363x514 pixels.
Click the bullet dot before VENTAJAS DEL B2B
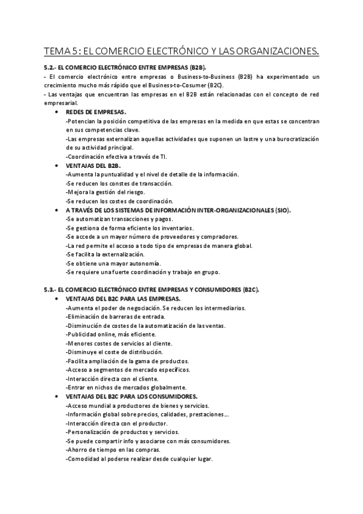[x=56, y=165]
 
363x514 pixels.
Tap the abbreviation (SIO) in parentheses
[x=281, y=210]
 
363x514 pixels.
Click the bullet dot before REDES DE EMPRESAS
[x=56, y=112]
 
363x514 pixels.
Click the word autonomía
[x=159, y=263]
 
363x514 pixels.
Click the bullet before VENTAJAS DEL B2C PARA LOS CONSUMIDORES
[x=56, y=396]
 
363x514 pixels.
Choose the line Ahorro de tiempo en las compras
[x=113, y=450]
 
